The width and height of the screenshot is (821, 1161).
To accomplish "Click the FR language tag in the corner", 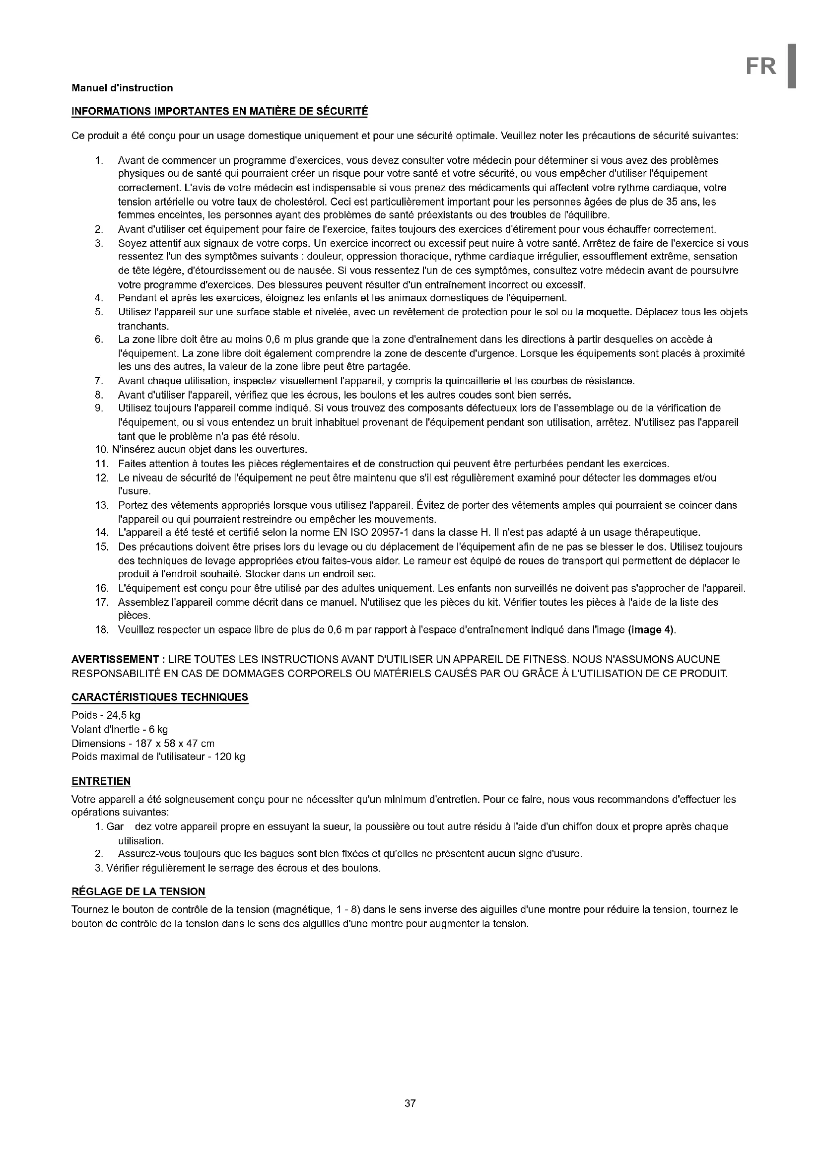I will (x=761, y=66).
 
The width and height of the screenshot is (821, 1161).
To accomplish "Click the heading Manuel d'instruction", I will (x=122, y=88).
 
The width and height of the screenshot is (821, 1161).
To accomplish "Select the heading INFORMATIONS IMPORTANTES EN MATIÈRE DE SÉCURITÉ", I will (x=220, y=111).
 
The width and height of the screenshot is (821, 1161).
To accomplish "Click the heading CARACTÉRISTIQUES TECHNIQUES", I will (x=160, y=697).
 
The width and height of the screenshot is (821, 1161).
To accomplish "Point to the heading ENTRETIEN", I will (x=101, y=781).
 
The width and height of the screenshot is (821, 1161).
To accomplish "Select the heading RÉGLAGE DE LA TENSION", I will (x=138, y=891).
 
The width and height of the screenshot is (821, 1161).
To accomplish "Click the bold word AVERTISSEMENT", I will (x=115, y=659).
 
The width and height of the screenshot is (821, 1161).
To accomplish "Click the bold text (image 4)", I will (x=651, y=629).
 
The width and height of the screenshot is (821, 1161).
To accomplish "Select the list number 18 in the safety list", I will (x=102, y=629).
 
